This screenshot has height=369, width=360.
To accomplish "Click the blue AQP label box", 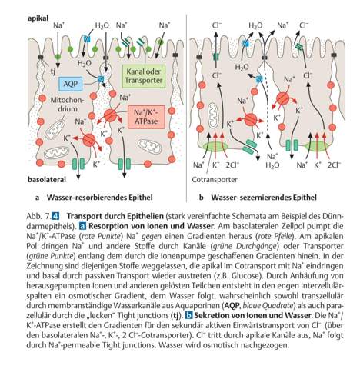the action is pyautogui.click(x=71, y=84).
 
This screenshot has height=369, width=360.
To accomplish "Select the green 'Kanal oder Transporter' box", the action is pyautogui.click(x=144, y=76).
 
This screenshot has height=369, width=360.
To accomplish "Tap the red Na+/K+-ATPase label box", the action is pyautogui.click(x=146, y=117).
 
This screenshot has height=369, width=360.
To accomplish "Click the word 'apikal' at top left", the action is pyautogui.click(x=38, y=18).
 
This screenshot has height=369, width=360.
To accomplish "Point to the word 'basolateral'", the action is pyautogui.click(x=47, y=180).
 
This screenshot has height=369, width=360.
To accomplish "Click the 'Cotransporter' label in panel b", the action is pyautogui.click(x=215, y=180).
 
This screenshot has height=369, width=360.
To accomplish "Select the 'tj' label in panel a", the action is pyautogui.click(x=52, y=71).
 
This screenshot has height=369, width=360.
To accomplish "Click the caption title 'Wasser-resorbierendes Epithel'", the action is pyautogui.click(x=100, y=198).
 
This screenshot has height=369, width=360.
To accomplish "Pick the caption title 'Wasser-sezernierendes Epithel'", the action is pyautogui.click(x=264, y=198).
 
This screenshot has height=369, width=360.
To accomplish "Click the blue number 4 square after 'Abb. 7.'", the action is pyautogui.click(x=55, y=216).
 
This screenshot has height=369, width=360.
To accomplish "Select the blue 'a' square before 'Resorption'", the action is pyautogui.click(x=82, y=226).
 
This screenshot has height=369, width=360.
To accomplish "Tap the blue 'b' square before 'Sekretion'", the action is pyautogui.click(x=188, y=315).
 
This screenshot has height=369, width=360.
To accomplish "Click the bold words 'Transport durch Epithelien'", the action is pyautogui.click(x=115, y=216).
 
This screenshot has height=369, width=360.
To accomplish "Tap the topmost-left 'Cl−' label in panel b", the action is pyautogui.click(x=217, y=25).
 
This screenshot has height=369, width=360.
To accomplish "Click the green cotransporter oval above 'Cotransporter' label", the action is pyautogui.click(x=215, y=146).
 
